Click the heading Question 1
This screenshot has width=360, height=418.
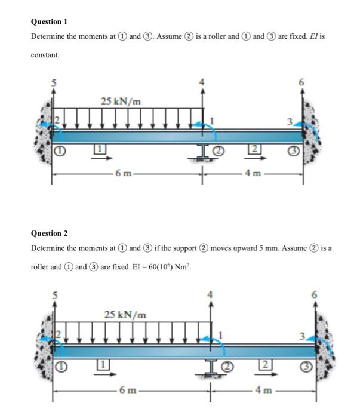pos(48,21)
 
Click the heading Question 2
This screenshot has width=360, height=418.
pos(49,233)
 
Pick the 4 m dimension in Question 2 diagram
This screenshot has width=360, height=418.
pos(260,391)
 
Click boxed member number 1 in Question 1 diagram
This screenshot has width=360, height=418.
pos(101,147)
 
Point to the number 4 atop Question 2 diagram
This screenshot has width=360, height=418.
pos(210,294)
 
